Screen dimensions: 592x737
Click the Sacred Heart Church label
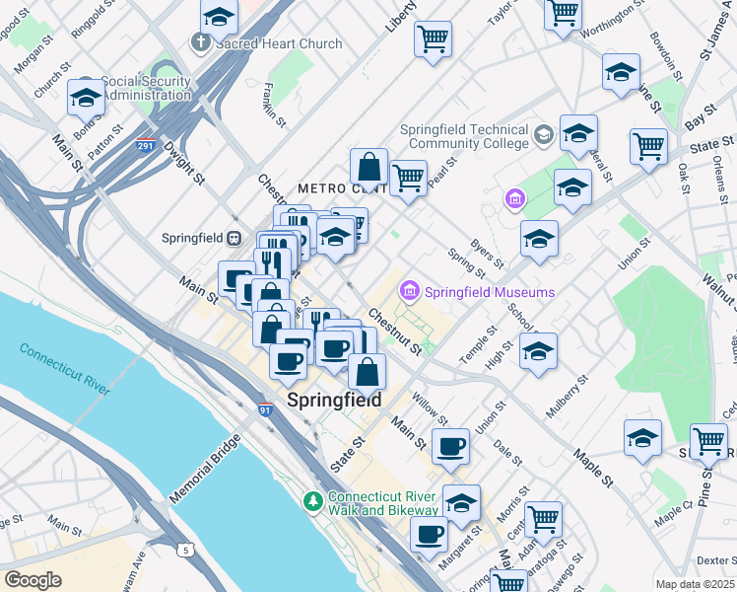click(277, 43)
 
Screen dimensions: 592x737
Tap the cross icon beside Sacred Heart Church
click(199, 43)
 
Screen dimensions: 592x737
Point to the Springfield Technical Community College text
click(465, 137)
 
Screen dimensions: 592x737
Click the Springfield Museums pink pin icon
click(409, 292)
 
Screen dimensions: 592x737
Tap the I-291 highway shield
click(145, 145)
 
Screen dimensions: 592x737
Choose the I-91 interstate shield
click(266, 407)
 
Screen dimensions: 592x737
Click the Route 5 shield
click(184, 550)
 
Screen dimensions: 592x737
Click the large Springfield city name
click(334, 401)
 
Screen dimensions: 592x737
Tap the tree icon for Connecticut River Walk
click(314, 502)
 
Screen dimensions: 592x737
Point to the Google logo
click(33, 579)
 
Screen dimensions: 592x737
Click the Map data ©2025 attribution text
click(695, 584)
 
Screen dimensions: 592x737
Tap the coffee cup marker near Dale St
click(450, 446)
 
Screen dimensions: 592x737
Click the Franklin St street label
click(275, 105)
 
